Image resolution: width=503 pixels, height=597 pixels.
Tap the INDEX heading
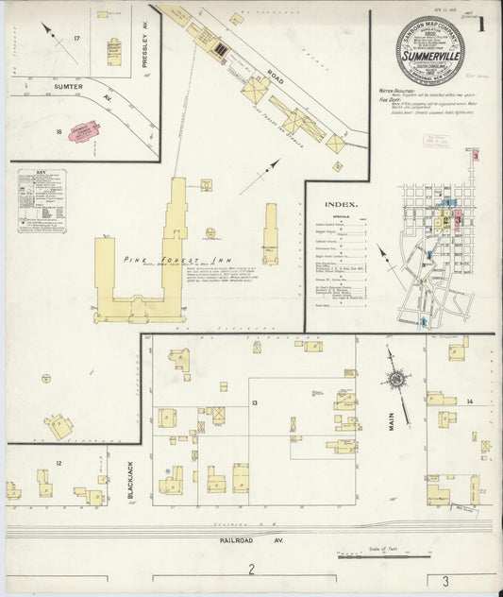coord(340,205)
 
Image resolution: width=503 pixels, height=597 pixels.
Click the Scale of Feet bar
coord(363,556)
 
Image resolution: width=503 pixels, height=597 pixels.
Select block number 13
coord(254,403)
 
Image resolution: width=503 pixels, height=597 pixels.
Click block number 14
coord(469,402)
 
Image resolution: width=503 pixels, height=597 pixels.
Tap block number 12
coord(59,463)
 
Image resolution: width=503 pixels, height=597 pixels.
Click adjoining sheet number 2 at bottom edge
coord(251,569)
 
